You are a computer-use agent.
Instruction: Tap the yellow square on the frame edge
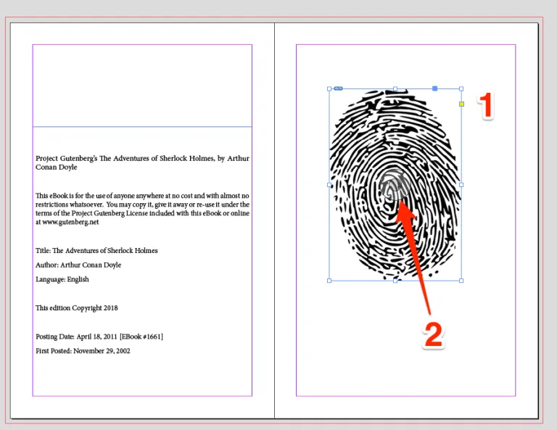point(461,104)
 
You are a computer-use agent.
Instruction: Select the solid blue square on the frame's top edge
point(435,88)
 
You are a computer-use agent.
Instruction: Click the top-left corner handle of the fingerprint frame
point(329,89)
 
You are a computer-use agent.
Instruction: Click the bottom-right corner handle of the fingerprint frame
point(461,281)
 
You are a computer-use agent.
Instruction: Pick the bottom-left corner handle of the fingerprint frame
point(329,281)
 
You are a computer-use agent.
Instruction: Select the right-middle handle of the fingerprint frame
point(461,185)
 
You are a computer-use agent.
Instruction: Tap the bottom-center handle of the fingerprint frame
point(395,281)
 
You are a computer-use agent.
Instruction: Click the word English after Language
point(78,279)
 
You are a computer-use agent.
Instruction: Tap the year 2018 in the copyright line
point(110,308)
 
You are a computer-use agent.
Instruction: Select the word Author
point(46,265)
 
